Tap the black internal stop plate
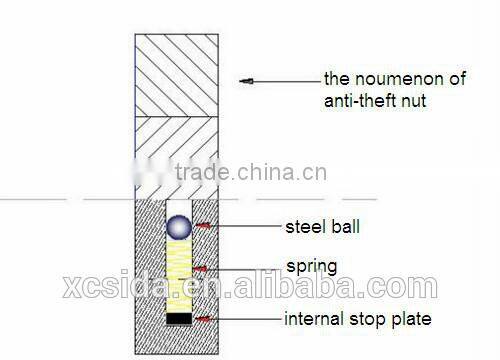(x=178, y=318)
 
